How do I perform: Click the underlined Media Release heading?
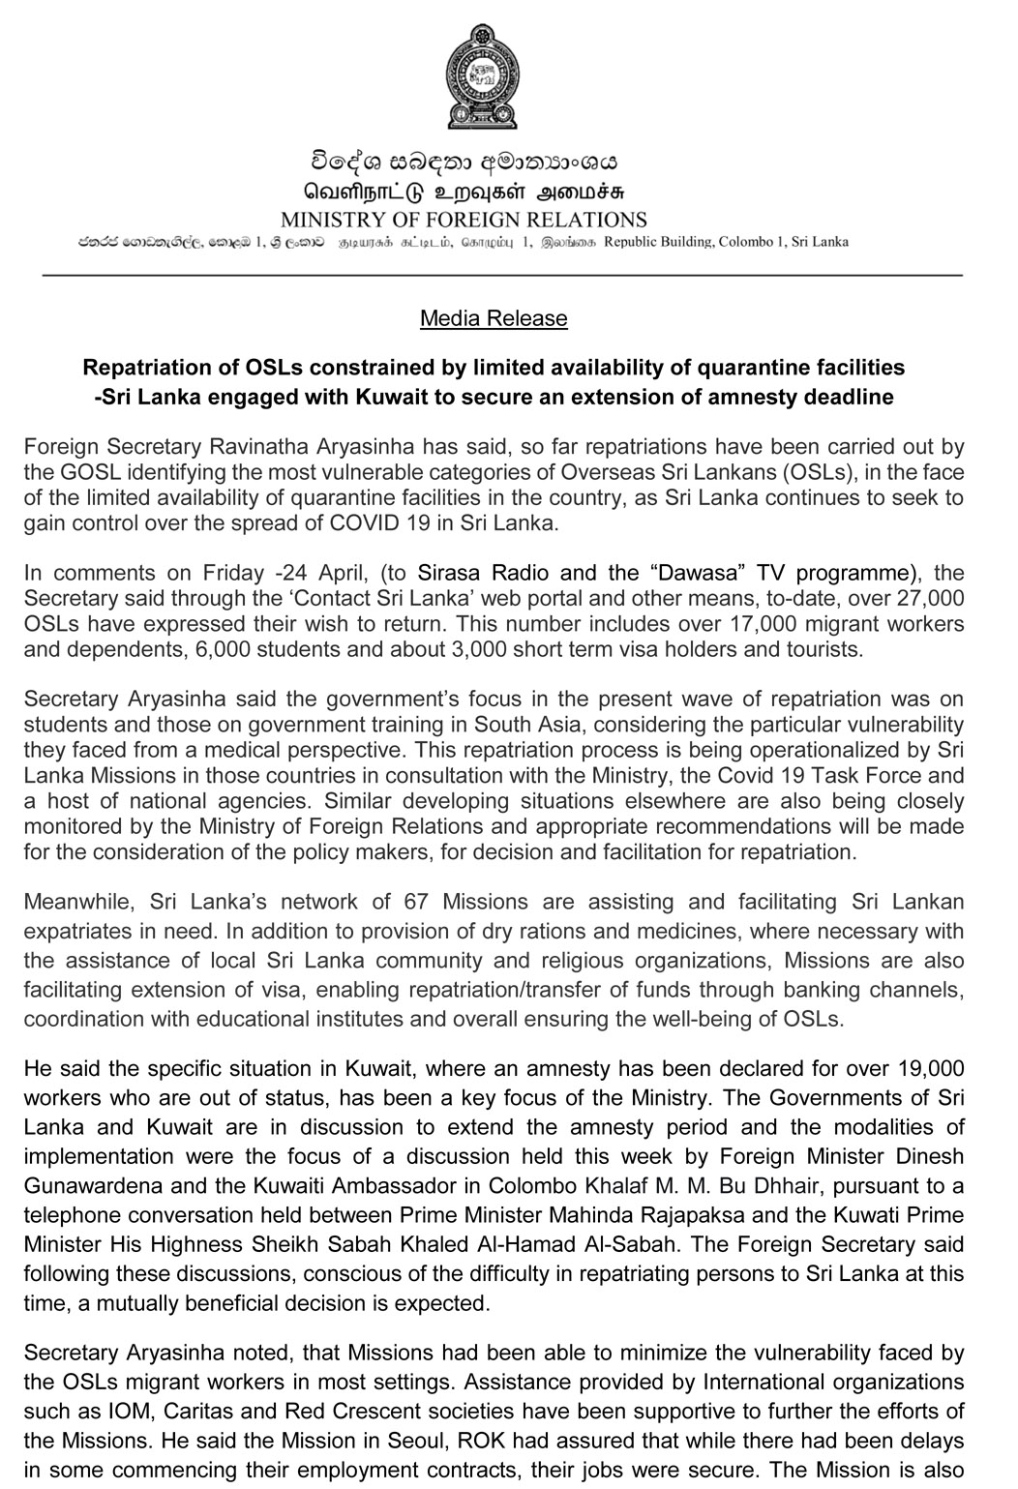click(494, 318)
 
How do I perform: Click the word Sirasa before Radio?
click(449, 573)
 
